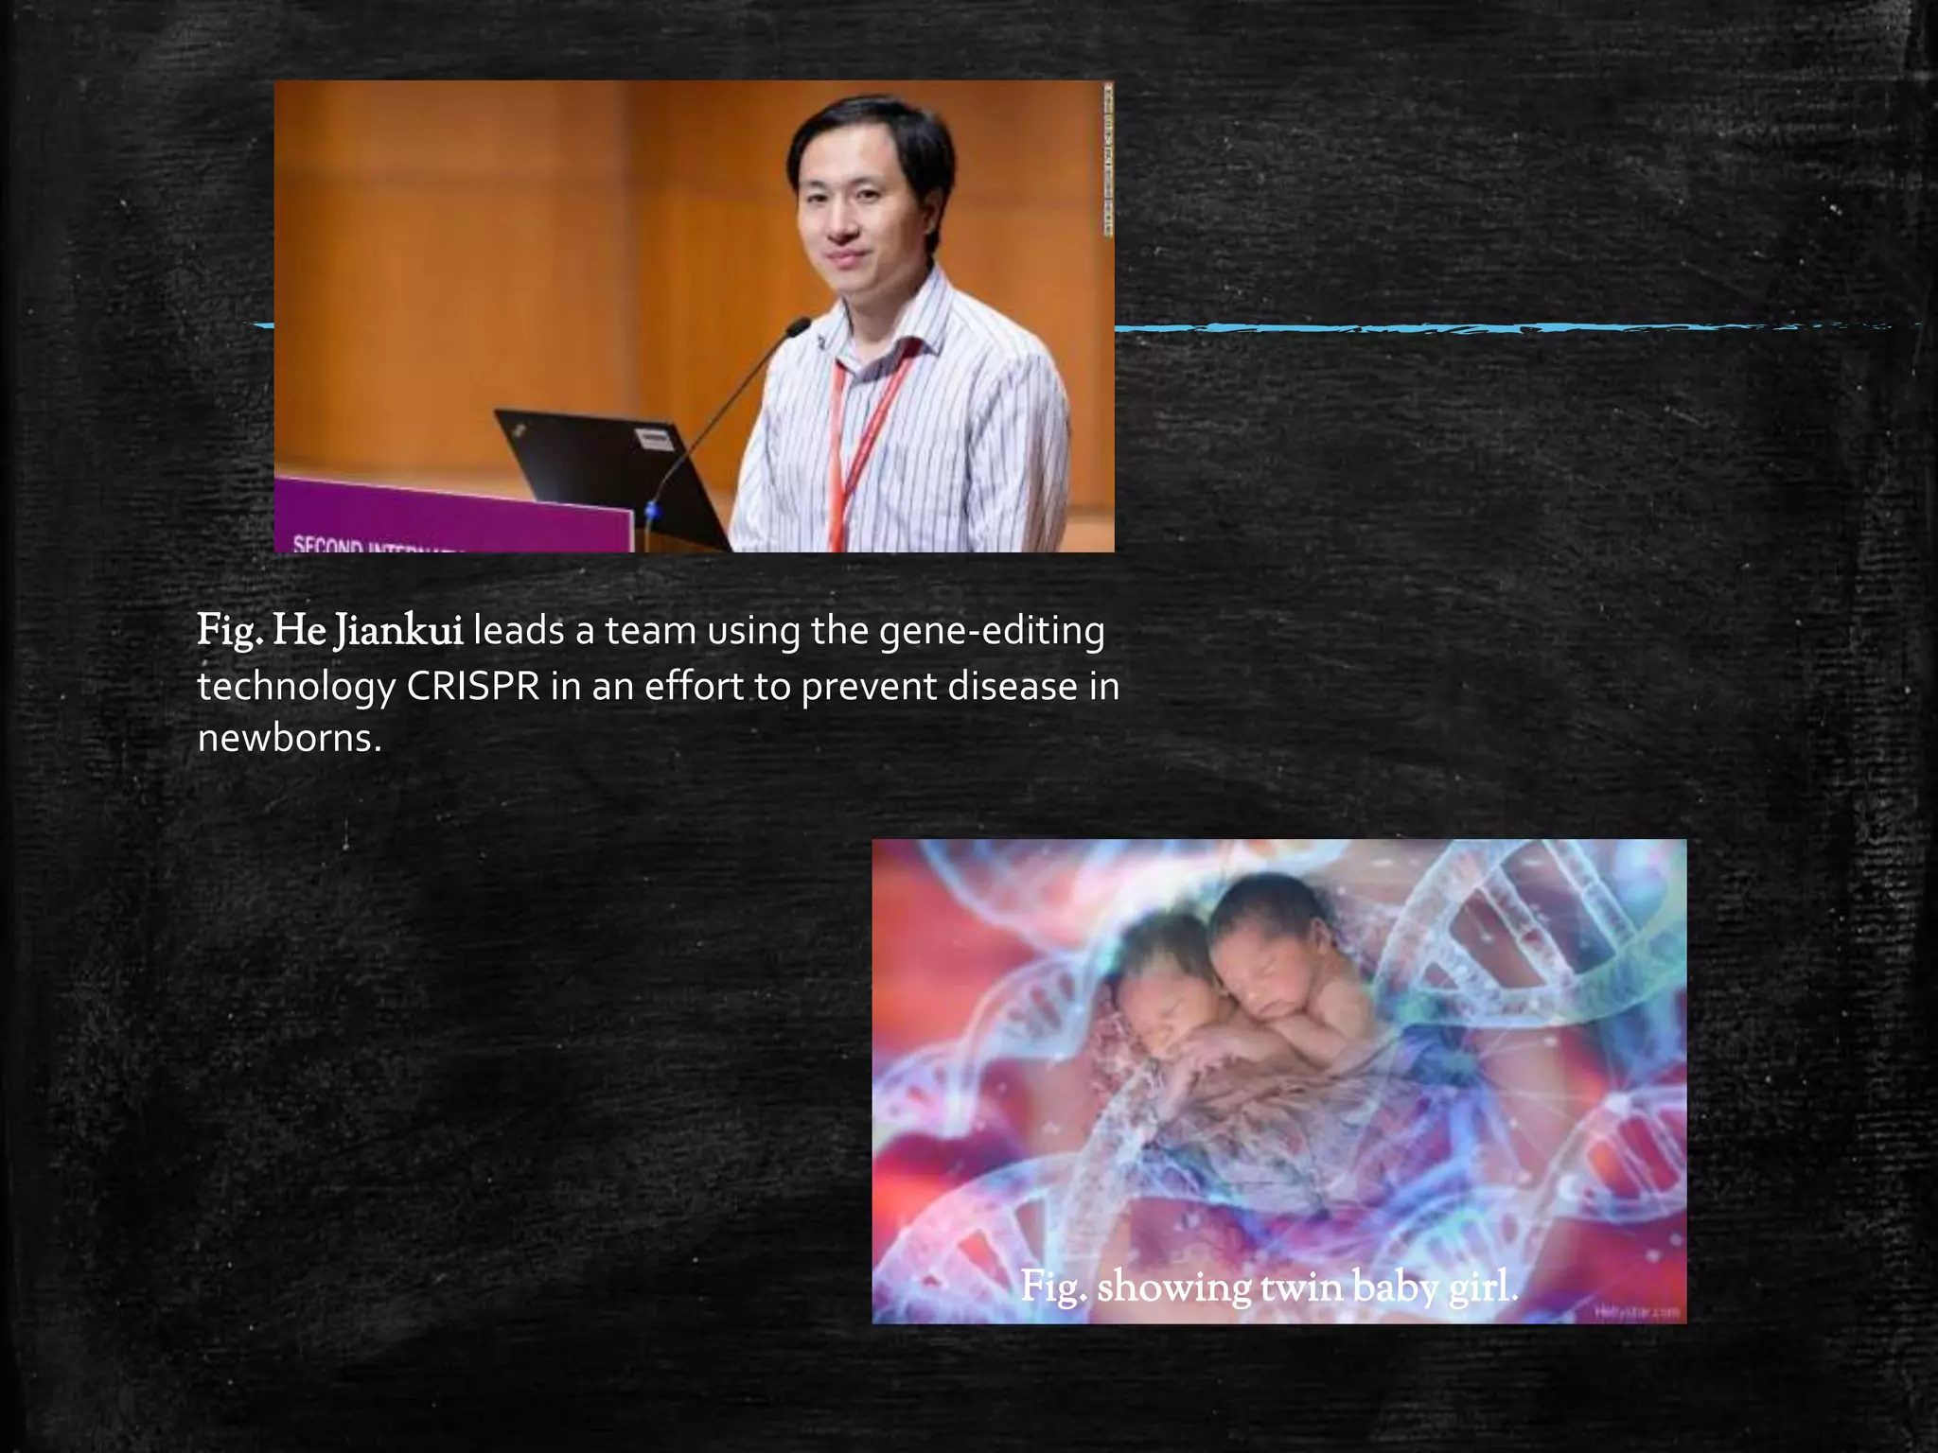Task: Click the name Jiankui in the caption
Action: click(x=398, y=631)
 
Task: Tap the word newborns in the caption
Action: click(x=289, y=739)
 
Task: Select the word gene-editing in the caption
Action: click(x=991, y=631)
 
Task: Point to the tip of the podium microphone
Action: click(x=800, y=326)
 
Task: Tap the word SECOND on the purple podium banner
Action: click(x=327, y=545)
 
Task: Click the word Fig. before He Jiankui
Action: click(x=230, y=631)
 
